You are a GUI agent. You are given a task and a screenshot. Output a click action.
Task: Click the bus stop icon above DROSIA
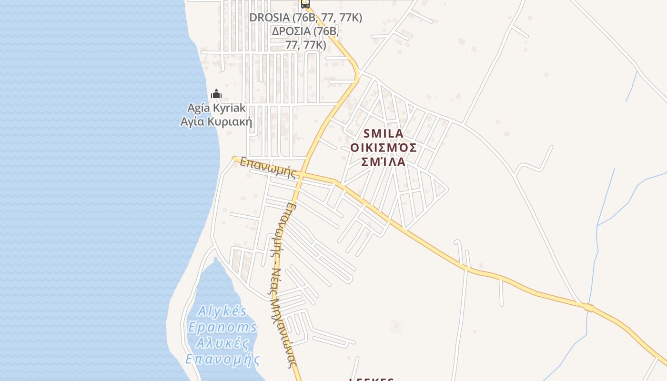click(305, 4)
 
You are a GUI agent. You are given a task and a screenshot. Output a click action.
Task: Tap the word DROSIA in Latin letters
click(270, 18)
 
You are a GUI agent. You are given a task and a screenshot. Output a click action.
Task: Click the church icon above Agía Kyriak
click(216, 94)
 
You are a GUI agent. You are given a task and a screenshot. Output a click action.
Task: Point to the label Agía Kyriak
click(216, 108)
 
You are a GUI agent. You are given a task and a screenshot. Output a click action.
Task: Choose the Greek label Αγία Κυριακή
click(216, 121)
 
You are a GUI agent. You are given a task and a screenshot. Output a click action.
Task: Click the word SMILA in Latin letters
click(383, 133)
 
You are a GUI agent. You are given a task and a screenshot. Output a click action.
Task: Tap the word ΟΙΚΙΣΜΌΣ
click(383, 148)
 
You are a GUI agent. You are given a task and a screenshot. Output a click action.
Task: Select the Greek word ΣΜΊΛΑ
click(383, 162)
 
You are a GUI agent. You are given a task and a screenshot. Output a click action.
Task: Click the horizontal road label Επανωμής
click(268, 168)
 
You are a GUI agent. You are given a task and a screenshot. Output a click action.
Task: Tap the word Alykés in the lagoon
click(222, 312)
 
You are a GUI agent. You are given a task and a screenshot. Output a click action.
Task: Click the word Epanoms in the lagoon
click(222, 328)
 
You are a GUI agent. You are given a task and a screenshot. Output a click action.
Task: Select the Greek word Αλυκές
click(223, 343)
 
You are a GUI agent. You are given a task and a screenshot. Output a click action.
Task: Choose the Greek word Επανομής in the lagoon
click(223, 359)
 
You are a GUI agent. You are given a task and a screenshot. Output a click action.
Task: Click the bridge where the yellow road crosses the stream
click(589, 308)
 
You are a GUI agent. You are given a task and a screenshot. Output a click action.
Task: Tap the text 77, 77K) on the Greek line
click(305, 45)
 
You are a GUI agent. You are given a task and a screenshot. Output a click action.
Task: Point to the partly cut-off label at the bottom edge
click(372, 379)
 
